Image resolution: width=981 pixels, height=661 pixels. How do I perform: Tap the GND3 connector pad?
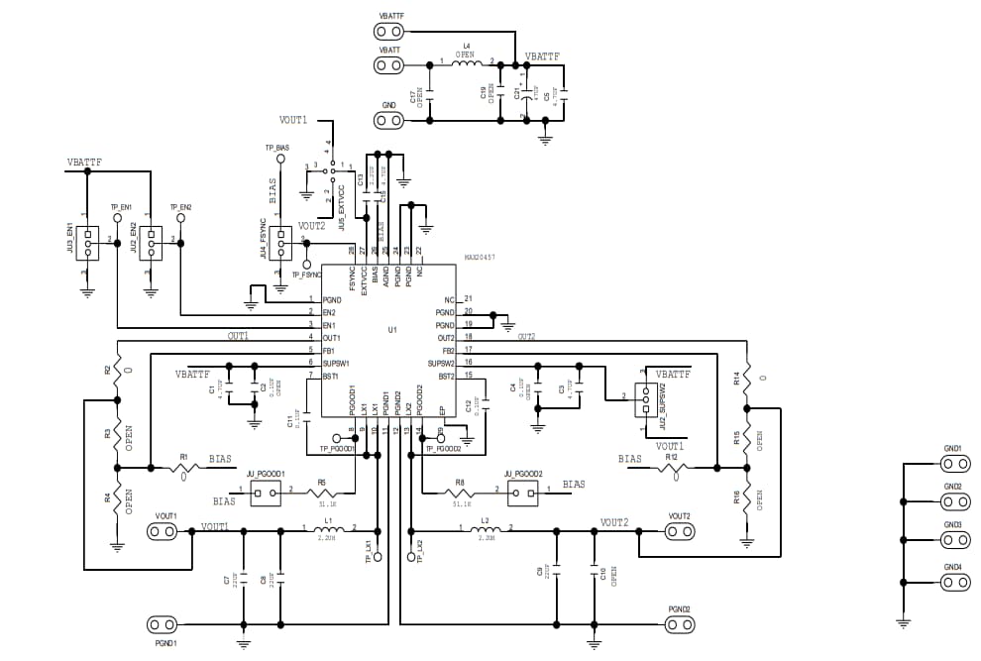coord(954,540)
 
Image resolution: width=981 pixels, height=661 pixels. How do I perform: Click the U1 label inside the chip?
coord(392,329)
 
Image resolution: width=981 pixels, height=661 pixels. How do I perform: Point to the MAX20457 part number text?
coord(481,257)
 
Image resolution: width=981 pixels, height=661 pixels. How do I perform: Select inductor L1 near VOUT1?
coord(327,531)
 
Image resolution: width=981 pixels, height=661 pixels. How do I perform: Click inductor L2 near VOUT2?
coord(485,531)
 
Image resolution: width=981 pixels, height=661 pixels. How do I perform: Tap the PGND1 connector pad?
coord(162,624)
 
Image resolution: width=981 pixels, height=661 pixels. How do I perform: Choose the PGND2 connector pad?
coord(679,624)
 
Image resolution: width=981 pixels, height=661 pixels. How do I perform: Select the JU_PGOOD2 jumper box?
coord(522,494)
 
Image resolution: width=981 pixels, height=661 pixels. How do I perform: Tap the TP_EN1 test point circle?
coord(117,218)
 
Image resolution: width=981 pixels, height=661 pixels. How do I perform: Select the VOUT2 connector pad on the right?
coord(679,532)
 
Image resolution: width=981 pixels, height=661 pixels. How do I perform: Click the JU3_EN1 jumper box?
coord(87,243)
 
